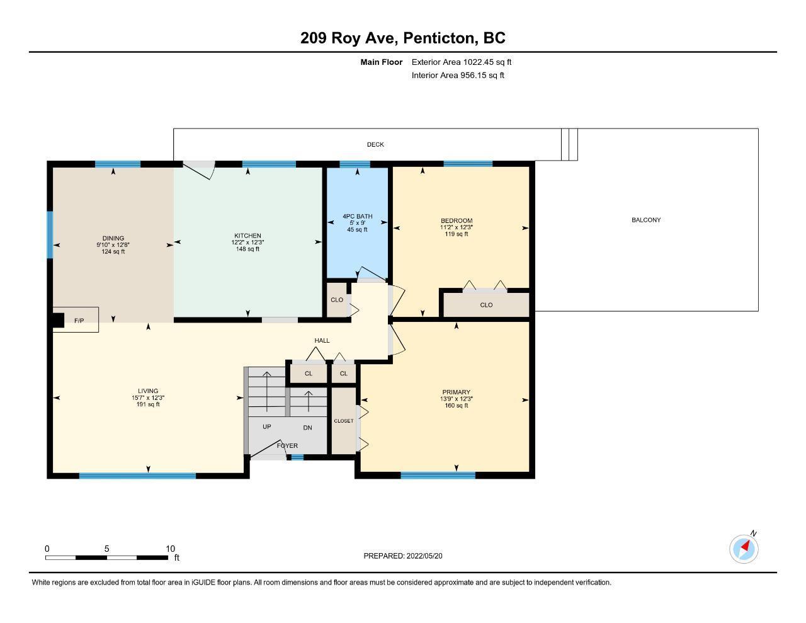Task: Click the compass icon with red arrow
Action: [744, 549]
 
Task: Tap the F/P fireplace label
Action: [79, 321]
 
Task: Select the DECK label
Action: [375, 144]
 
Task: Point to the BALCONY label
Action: [646, 220]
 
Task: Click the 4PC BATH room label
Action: [358, 216]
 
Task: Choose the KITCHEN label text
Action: [247, 236]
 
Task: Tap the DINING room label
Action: [113, 238]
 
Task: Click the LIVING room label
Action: [148, 391]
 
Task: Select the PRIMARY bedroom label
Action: [457, 392]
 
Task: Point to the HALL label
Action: [322, 340]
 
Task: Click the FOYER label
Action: [288, 445]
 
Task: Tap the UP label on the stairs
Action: [267, 426]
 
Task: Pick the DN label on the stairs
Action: [307, 428]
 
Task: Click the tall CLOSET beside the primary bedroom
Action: [344, 421]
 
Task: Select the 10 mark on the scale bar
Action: [170, 549]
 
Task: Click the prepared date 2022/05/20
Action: [424, 556]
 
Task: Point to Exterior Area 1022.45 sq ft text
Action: [462, 62]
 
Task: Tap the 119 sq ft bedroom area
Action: [457, 234]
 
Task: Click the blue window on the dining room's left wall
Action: [50, 234]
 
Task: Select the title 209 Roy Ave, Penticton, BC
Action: [403, 38]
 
